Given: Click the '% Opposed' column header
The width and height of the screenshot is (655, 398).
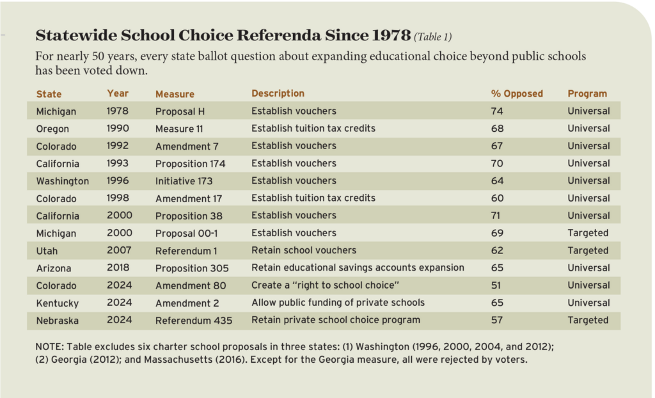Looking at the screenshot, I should [x=516, y=94].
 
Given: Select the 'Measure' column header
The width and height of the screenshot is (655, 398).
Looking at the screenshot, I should [x=175, y=94].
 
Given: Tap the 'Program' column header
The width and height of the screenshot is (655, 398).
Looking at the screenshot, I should [x=587, y=94].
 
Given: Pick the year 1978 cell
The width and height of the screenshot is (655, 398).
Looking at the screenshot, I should [x=117, y=111].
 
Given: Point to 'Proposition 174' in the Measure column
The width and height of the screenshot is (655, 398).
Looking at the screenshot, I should [x=190, y=163].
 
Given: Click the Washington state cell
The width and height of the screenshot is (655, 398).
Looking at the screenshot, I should [x=62, y=181].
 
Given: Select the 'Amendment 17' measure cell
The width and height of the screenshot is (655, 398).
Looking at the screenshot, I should [x=185, y=198].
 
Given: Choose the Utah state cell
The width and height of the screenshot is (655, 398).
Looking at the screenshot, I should [x=47, y=251].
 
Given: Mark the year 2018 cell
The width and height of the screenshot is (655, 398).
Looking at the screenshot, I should [x=118, y=268].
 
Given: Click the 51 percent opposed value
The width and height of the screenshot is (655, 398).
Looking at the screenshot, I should [x=497, y=285].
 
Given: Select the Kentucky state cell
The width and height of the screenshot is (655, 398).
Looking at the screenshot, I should [x=56, y=303].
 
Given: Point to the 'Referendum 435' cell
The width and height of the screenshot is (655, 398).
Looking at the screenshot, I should [x=193, y=320].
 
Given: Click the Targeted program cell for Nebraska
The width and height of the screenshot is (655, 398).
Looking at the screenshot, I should [x=588, y=320].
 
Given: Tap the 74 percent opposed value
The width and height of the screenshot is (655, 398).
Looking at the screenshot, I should [x=497, y=111].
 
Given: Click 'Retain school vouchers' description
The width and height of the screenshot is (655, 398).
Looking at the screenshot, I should [x=303, y=250].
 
